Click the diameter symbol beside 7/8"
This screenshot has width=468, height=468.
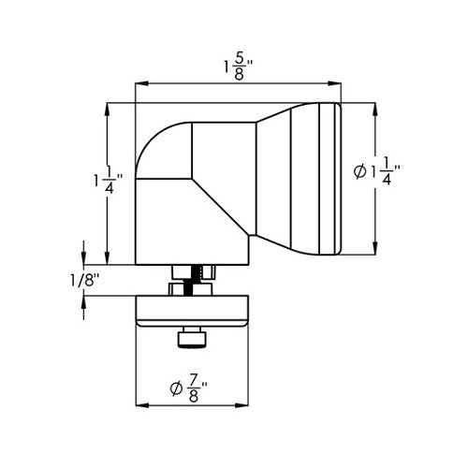click(178, 386)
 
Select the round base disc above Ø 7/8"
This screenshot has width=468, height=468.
click(194, 312)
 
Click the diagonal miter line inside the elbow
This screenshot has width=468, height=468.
click(223, 200)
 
